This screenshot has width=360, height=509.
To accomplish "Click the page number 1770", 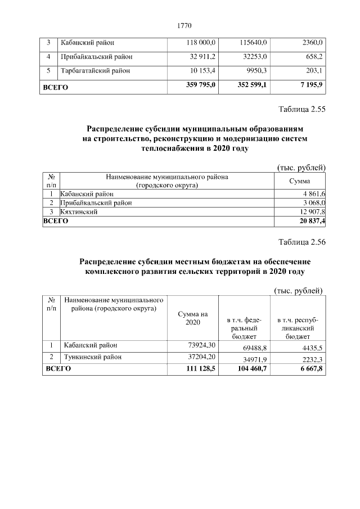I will click(x=184, y=25).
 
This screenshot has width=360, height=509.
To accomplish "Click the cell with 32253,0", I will click(x=254, y=57).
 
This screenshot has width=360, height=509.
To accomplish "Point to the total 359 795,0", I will click(x=200, y=85).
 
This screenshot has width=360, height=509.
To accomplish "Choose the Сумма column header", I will click(x=299, y=181).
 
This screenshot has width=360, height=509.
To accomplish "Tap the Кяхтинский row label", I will click(x=79, y=211).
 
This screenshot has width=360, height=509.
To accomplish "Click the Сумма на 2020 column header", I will click(x=192, y=318).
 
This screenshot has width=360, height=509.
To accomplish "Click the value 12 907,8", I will click(x=313, y=211).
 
